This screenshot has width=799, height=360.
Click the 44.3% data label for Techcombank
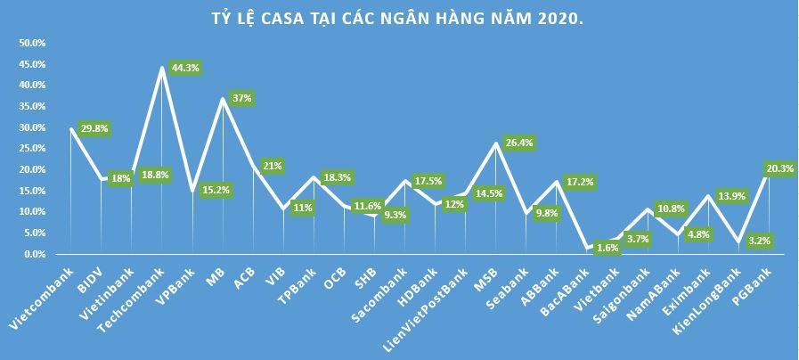[183, 67]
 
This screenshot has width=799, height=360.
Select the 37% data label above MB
[241, 98]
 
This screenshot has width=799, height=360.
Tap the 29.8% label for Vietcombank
[94, 127]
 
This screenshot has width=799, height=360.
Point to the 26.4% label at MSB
[518, 142]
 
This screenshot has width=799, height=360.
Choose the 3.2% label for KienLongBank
[760, 240]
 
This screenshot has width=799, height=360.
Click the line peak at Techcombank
[162, 67]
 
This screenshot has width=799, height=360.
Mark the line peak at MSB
[496, 143]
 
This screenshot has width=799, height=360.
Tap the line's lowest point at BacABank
[587, 248]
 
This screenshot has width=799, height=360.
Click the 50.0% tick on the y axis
[32, 43]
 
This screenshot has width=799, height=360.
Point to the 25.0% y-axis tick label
[32, 149]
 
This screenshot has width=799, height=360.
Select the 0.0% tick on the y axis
[34, 254]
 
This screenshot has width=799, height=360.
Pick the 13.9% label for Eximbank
[730, 195]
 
